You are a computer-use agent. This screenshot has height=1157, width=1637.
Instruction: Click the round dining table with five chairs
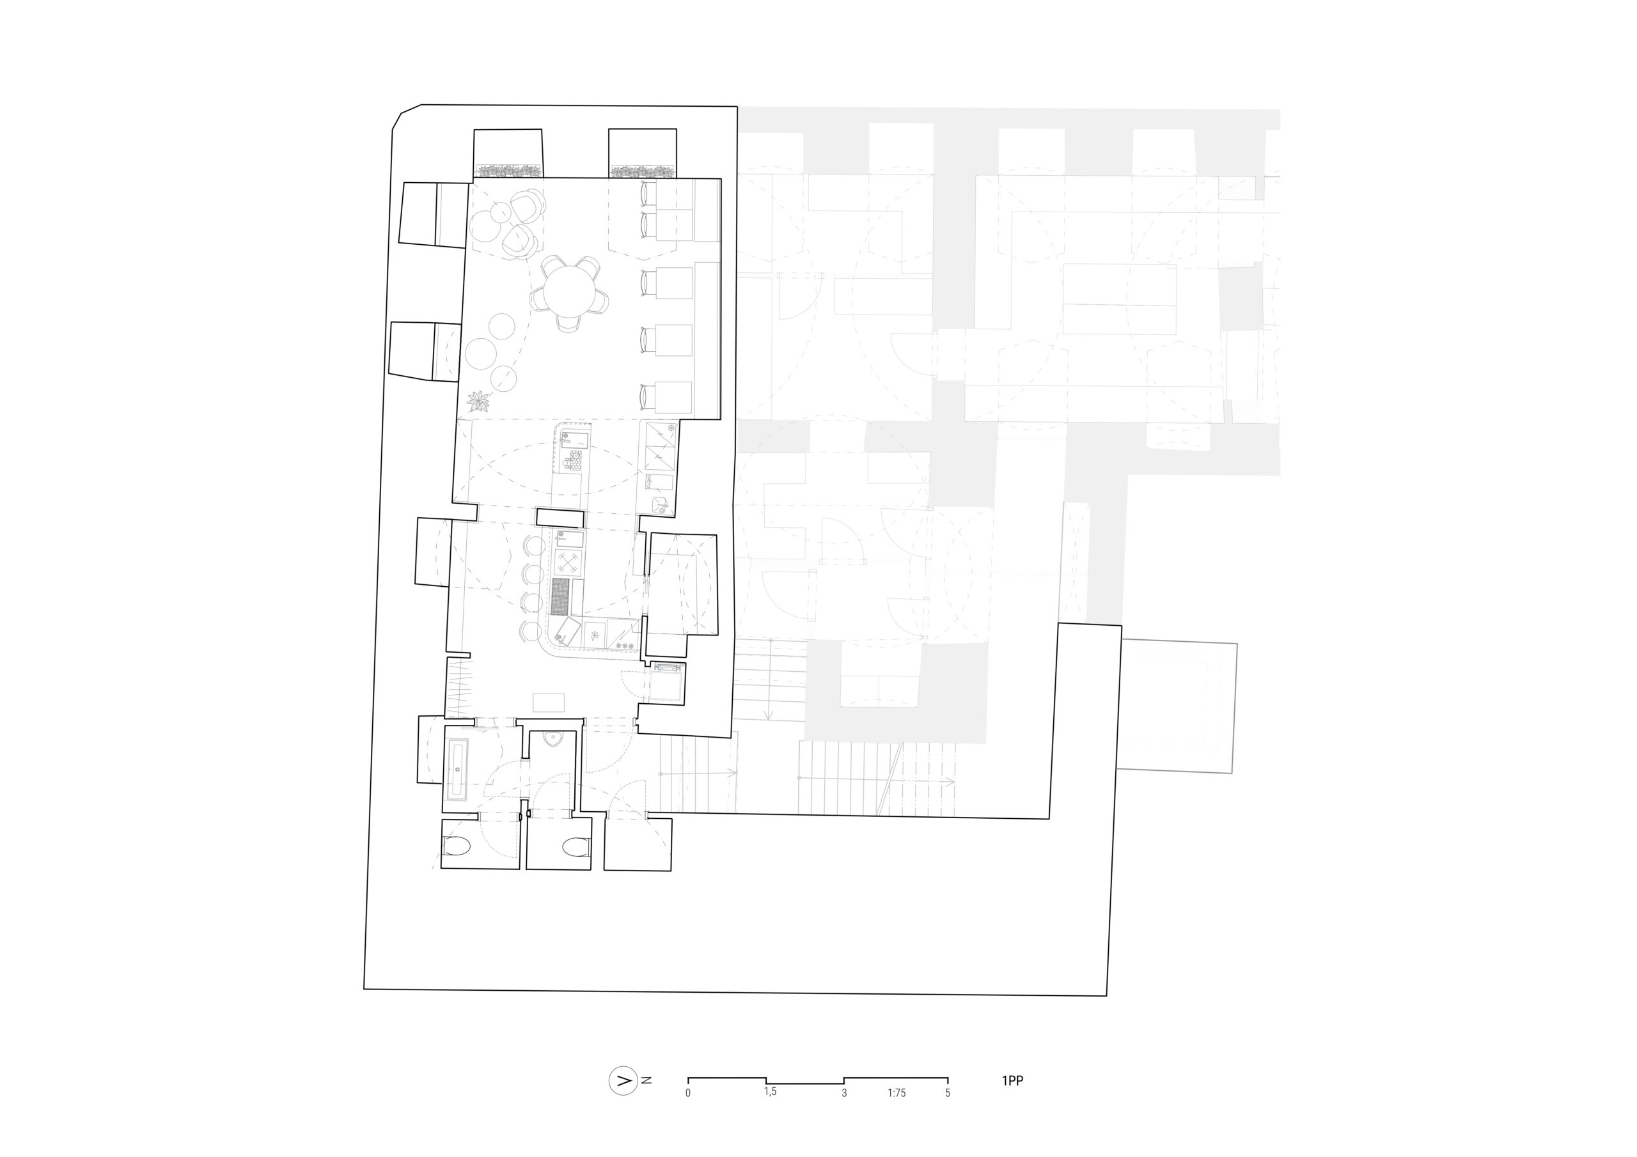pos(568,293)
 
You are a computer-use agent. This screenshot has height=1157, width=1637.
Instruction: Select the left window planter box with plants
pos(508,171)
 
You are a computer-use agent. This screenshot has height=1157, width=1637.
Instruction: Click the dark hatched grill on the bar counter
pos(560,596)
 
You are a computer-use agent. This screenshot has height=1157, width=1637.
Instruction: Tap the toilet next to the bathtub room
pos(457,847)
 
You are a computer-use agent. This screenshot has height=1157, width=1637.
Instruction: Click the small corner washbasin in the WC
pos(553,738)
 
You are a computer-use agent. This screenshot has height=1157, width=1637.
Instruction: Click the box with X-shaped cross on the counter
pos(568,563)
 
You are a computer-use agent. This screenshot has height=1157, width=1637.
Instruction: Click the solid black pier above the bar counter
pos(560,517)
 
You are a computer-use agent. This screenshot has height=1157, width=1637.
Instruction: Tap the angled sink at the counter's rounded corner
pos(568,632)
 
